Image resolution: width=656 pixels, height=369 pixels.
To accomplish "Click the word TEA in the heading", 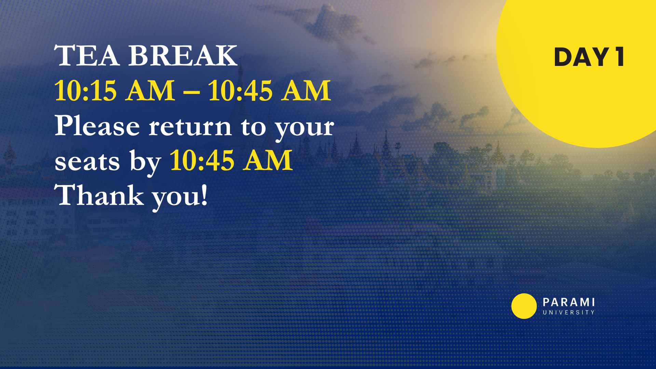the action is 87,55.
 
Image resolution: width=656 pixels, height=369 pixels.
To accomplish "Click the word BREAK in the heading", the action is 183,55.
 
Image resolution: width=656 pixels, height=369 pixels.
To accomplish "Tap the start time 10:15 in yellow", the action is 85,91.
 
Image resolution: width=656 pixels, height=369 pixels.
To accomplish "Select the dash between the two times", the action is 191,92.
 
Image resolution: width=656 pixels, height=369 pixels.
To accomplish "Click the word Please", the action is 97,126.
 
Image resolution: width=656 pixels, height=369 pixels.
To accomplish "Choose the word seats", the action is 87,162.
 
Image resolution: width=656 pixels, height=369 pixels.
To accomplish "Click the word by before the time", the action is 145,162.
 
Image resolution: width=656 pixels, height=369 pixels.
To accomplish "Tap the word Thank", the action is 99,195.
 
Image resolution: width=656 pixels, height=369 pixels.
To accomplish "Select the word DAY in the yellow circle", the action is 581,57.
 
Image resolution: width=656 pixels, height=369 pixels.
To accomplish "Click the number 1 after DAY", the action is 620,57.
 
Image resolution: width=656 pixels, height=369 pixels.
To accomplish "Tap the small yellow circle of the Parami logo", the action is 524,306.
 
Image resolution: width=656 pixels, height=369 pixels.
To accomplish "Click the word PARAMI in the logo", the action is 569,302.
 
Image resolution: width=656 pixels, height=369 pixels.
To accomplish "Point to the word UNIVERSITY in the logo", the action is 569,312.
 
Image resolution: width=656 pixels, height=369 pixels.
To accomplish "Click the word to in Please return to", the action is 253,127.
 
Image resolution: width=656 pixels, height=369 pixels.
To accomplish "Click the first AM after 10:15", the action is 150,91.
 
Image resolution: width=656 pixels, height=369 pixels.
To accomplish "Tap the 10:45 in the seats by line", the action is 202,160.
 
